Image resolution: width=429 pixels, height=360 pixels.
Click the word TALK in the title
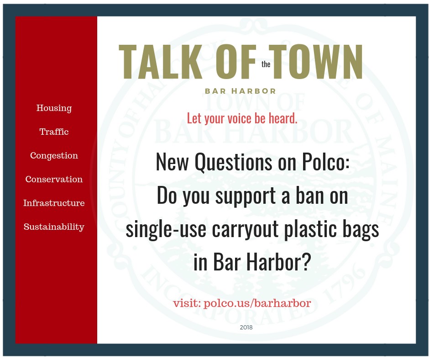point(161,62)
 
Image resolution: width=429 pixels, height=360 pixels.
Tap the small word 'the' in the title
point(266,64)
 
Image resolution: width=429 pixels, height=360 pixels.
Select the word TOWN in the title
point(316,62)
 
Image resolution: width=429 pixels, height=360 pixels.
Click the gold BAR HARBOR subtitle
point(241,91)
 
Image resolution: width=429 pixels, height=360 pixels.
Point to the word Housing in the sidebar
point(54,108)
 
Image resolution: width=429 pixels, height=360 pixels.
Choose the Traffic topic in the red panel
point(54,132)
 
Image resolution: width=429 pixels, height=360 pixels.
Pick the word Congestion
point(54,156)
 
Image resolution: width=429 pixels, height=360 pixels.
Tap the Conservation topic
point(54,179)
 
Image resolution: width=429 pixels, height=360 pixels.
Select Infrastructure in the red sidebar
point(54,203)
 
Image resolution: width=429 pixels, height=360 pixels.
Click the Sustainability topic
point(54,227)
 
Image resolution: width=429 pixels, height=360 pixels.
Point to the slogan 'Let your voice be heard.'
point(242,118)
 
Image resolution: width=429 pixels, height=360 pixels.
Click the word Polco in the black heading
point(325,162)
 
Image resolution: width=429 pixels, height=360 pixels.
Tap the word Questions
point(233,162)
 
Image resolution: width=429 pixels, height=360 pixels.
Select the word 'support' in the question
point(246,197)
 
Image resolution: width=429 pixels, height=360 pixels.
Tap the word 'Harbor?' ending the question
point(279,261)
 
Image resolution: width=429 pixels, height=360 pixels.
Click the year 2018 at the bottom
point(246,328)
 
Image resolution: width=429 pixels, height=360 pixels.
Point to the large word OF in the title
point(236,62)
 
